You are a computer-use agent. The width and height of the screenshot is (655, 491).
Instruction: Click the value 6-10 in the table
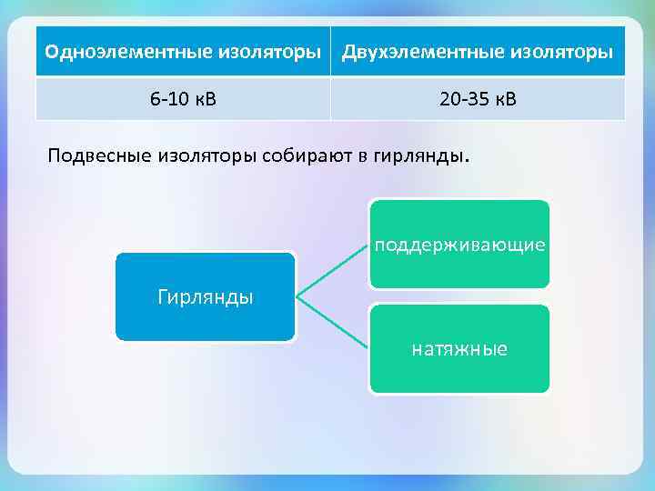[169, 98]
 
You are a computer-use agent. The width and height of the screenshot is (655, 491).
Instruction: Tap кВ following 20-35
[503, 98]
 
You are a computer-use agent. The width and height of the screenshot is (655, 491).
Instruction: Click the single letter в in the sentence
[362, 155]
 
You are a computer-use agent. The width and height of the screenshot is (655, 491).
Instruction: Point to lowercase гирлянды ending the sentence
[418, 155]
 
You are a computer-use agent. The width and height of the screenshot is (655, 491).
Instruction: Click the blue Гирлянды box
[206, 296]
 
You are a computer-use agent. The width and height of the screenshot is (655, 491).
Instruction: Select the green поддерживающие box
[459, 244]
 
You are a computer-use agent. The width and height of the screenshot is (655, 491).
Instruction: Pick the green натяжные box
[459, 349]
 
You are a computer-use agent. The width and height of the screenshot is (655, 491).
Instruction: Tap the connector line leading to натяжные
[333, 323]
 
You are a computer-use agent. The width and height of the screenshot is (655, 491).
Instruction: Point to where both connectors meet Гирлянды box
[297, 296]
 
